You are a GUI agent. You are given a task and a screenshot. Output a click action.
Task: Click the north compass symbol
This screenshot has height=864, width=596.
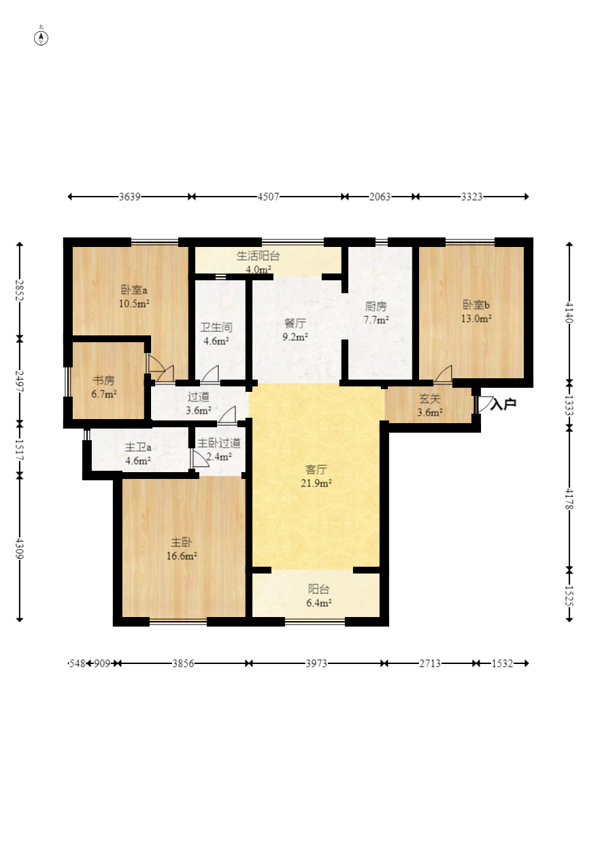[x=41, y=38]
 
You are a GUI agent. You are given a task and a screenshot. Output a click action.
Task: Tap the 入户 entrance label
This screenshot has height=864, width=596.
[x=503, y=404]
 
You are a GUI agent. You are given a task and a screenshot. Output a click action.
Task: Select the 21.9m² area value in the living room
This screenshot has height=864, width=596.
[x=316, y=483]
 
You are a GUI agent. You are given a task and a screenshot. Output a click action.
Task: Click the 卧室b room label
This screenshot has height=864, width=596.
[x=476, y=305]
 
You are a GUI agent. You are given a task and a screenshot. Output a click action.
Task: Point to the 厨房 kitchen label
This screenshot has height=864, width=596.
[x=376, y=306]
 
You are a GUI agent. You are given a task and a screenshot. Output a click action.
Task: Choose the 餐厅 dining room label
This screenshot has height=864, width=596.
[x=295, y=323]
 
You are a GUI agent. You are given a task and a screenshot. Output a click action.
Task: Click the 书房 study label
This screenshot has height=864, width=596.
[x=104, y=380]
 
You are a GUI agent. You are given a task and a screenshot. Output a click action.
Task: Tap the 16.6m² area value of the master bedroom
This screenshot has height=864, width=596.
[x=182, y=556]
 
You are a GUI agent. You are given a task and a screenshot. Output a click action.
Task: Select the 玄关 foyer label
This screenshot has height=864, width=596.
[x=429, y=399]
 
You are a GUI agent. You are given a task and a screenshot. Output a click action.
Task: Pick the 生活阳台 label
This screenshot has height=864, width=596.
[x=258, y=256]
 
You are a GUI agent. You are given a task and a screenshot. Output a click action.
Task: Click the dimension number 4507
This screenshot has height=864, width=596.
[x=268, y=197]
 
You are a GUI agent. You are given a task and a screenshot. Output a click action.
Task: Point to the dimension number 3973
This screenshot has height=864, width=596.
[x=316, y=663]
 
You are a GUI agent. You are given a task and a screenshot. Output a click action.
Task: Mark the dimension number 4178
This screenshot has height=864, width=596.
[x=569, y=499]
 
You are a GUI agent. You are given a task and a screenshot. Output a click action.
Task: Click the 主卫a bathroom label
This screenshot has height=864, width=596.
[x=137, y=447]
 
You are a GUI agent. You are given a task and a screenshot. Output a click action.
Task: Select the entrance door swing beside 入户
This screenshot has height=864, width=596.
[x=485, y=404]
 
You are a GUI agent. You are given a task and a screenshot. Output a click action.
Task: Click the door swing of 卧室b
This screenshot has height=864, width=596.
[x=444, y=373]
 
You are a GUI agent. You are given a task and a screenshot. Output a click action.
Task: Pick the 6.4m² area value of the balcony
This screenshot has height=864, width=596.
[x=319, y=603]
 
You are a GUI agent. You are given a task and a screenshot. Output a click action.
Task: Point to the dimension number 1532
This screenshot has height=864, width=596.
[x=502, y=663]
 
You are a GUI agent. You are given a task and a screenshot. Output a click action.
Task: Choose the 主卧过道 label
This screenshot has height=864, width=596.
[x=219, y=443]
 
